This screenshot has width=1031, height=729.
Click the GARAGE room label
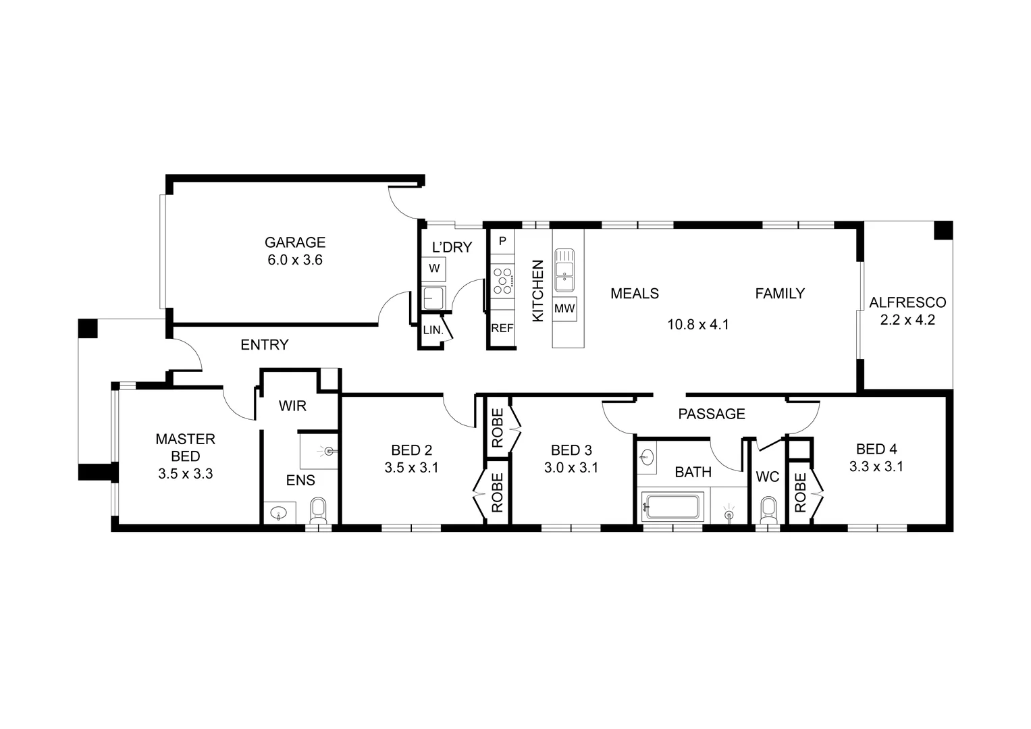click(x=294, y=242)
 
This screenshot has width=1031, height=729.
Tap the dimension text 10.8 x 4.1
click(x=698, y=325)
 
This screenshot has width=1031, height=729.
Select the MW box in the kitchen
click(x=564, y=309)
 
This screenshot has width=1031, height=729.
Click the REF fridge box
click(x=502, y=329)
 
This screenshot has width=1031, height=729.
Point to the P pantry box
click(x=502, y=240)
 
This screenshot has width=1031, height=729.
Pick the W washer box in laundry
click(x=433, y=269)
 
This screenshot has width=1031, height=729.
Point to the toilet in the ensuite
click(x=317, y=510)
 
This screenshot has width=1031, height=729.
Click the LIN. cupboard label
click(x=432, y=331)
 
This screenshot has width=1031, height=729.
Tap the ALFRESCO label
click(x=907, y=302)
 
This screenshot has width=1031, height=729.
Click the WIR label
click(x=292, y=406)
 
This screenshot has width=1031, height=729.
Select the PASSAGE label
click(x=711, y=414)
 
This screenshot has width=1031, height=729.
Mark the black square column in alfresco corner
click(x=943, y=230)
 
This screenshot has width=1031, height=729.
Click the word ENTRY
click(x=265, y=345)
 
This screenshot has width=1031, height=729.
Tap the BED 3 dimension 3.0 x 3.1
click(x=571, y=467)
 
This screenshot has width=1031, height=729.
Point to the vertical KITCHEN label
click(x=537, y=291)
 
